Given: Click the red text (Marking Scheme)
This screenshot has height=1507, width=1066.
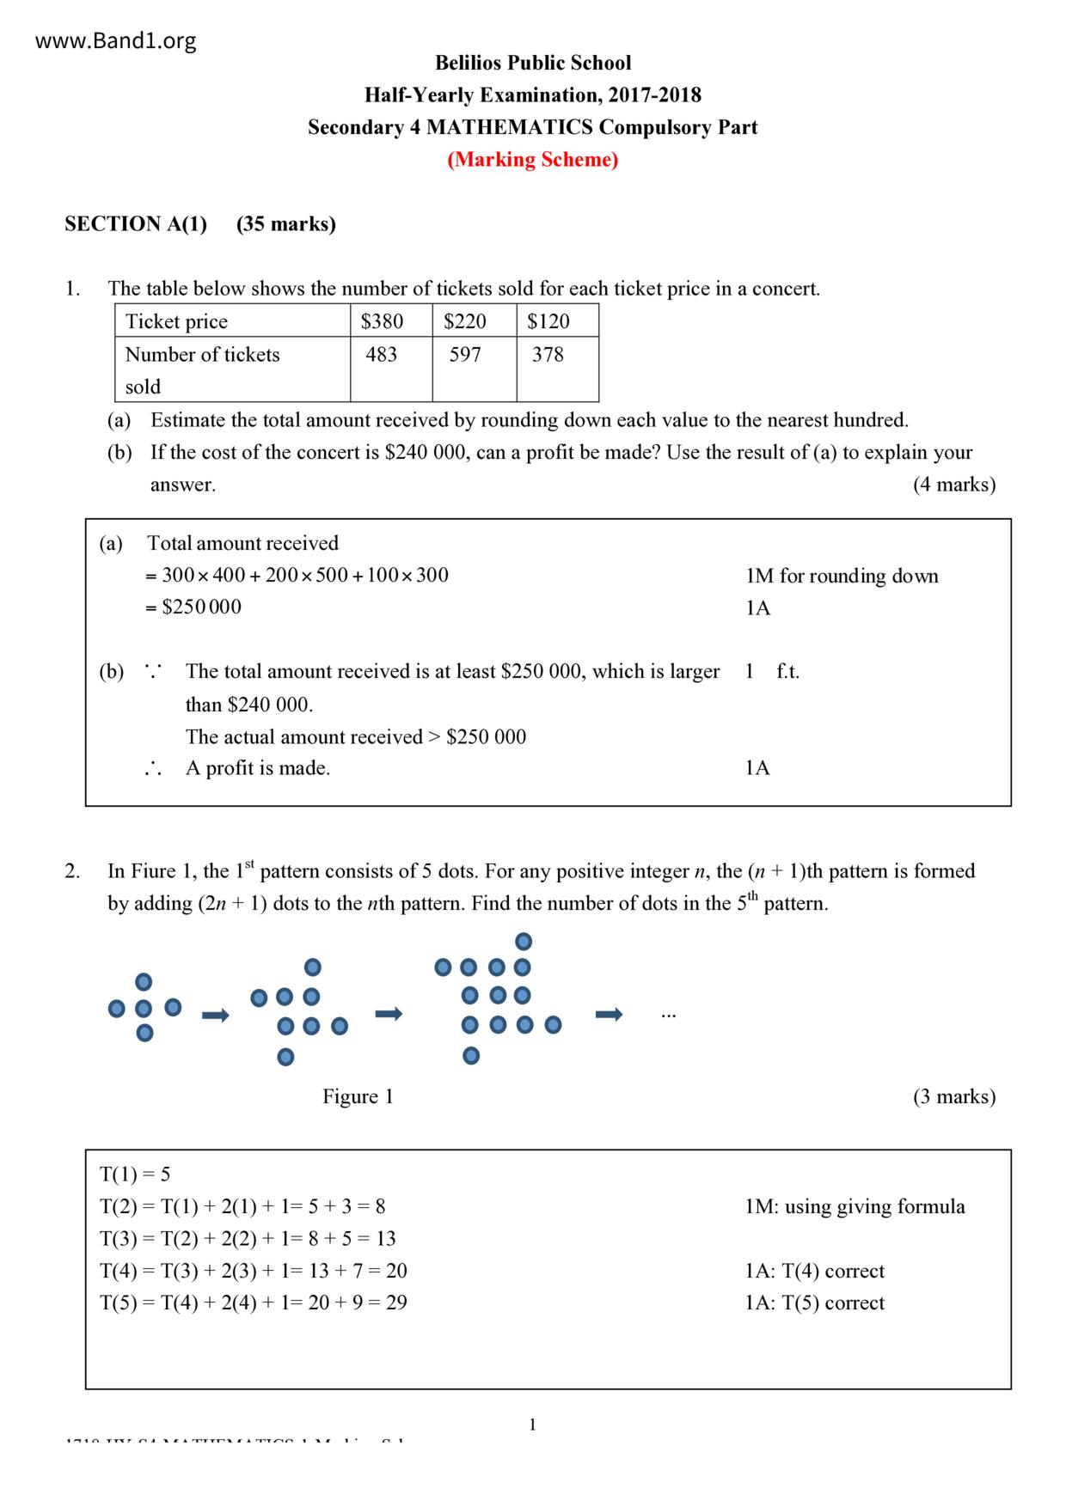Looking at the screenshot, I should tap(532, 160).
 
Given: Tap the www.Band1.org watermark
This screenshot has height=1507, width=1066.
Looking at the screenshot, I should tap(115, 41).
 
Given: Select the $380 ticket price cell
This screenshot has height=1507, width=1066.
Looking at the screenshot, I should tap(382, 321).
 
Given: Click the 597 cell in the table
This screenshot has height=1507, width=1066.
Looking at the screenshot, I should tap(465, 354).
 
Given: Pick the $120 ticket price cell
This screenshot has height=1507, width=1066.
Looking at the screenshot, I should tap(548, 321).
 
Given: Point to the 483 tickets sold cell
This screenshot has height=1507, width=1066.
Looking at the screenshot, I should tap(381, 354).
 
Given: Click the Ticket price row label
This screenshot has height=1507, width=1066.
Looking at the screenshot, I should tap(176, 321).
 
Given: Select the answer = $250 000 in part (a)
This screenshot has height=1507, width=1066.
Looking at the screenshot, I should tap(194, 607).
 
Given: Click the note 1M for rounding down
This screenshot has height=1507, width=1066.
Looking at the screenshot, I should tap(842, 576).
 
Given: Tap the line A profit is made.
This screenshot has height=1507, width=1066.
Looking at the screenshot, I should tap(257, 768).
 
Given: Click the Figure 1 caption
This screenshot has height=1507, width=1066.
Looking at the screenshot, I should tap(358, 1096).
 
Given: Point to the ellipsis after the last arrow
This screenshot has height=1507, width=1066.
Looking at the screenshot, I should tap(669, 1015).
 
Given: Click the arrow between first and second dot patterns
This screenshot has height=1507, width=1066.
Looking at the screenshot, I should tap(216, 1016).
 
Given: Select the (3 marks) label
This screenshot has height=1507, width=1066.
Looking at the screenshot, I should tap(953, 1096).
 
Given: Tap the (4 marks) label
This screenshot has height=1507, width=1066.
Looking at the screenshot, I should tap(953, 485).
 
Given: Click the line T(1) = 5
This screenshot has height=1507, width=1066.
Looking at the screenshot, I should tap(135, 1174).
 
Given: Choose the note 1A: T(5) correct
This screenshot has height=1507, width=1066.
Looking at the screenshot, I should tap(814, 1303).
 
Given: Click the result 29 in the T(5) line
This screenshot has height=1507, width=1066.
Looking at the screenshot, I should tap(396, 1303).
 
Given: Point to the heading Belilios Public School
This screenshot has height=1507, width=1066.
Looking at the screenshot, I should tap(532, 63).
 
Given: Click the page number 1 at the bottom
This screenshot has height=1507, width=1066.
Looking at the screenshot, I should tap(532, 1425).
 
